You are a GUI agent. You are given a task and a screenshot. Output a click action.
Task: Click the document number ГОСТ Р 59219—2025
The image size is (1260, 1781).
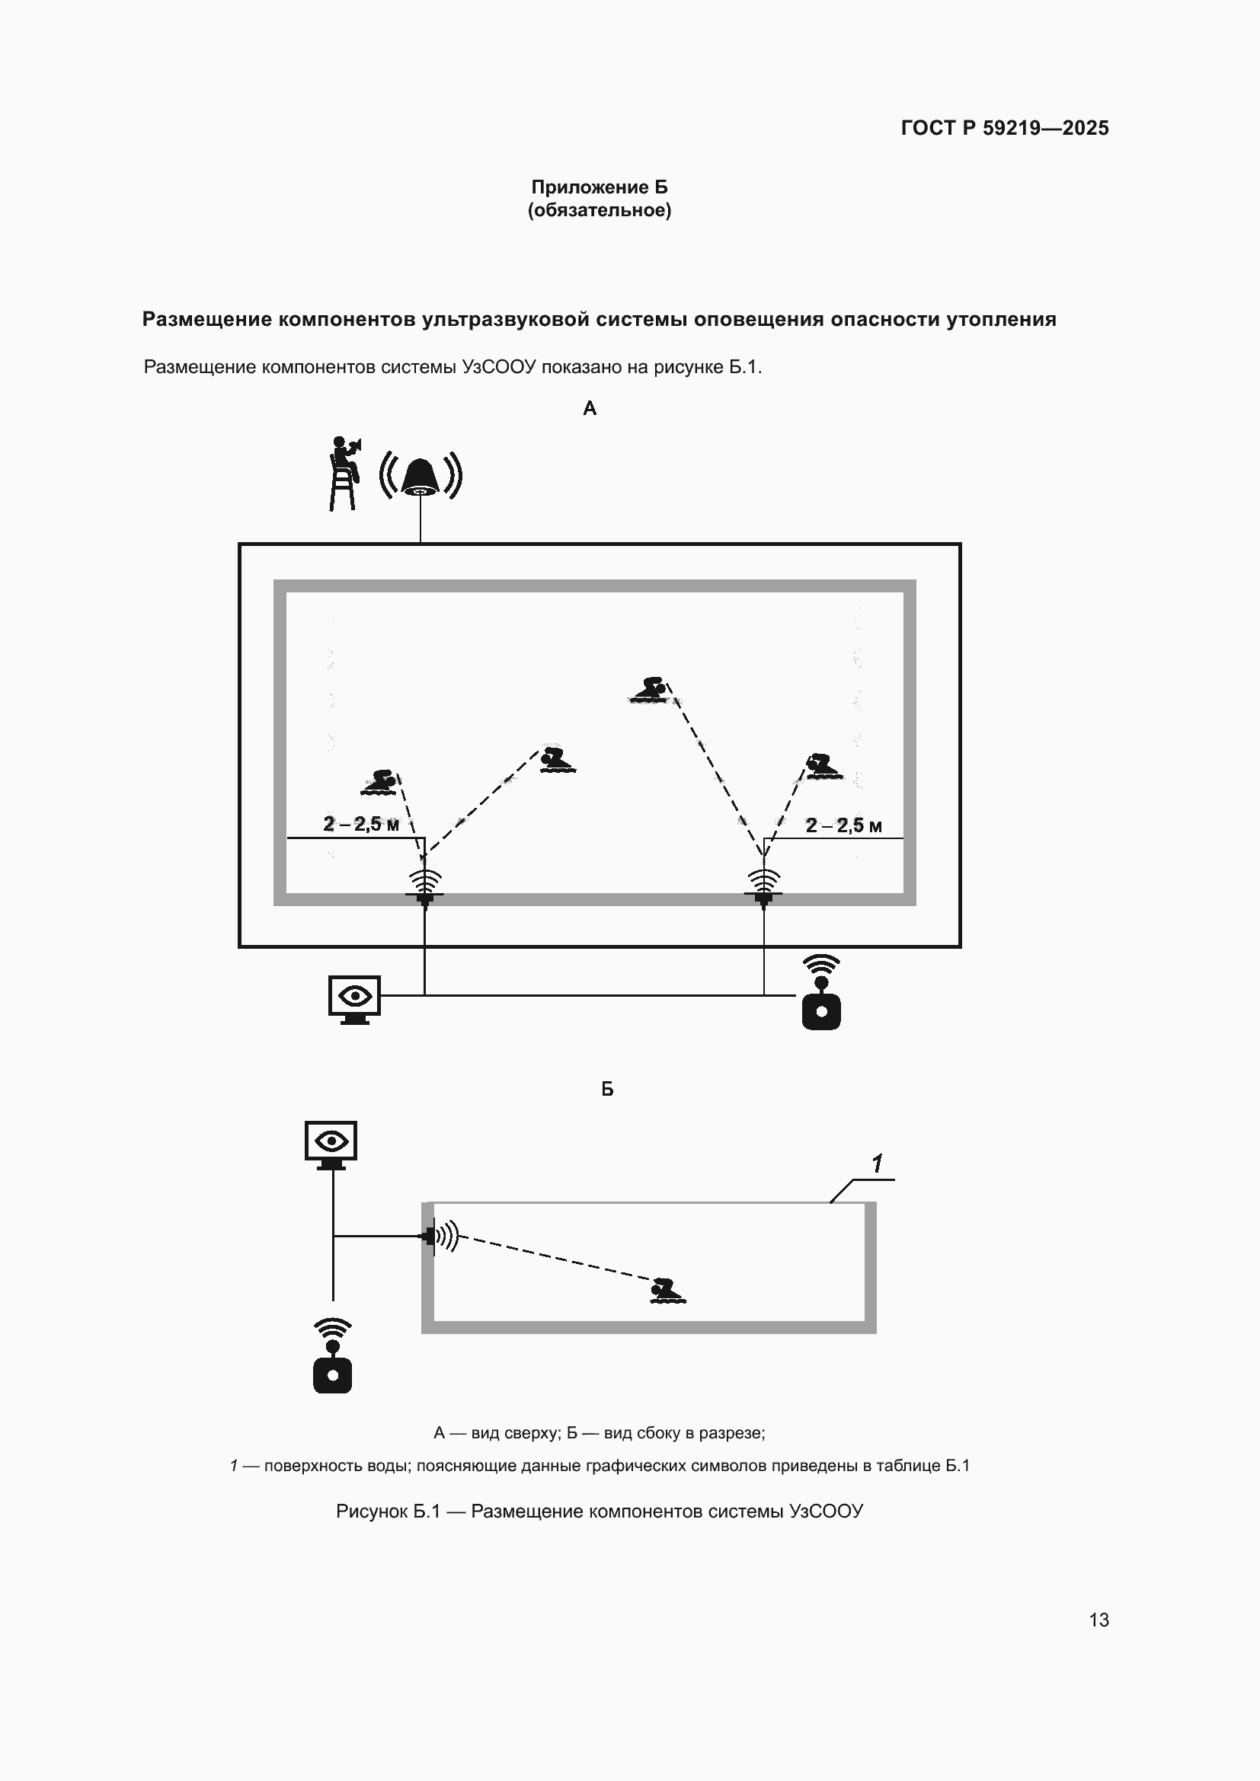click(x=1005, y=128)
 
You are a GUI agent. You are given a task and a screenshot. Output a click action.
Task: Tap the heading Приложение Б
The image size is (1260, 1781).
click(x=599, y=187)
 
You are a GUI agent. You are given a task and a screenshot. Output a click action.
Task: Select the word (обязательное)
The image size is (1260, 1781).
click(x=599, y=210)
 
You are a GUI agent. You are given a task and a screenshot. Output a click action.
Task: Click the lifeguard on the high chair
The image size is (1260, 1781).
click(x=344, y=473)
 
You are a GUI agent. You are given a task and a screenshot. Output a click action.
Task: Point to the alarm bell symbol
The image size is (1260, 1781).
click(x=421, y=475)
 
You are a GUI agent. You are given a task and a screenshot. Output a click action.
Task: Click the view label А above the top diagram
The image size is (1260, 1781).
click(x=590, y=408)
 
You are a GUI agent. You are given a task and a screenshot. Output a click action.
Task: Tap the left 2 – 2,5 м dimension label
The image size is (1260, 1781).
click(x=361, y=824)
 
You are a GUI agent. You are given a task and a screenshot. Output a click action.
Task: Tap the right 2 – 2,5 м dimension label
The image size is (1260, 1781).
click(x=843, y=825)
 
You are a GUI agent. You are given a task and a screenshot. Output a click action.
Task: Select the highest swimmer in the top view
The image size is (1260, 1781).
click(x=650, y=690)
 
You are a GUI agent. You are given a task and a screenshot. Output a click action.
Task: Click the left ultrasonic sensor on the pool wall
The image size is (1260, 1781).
click(x=424, y=887)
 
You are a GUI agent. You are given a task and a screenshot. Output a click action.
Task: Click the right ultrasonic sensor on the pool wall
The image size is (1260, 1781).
click(x=763, y=887)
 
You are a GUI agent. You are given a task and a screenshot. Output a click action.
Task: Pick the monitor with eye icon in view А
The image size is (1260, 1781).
click(x=354, y=1000)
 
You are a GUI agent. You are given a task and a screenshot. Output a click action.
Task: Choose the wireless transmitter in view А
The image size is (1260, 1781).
click(x=821, y=992)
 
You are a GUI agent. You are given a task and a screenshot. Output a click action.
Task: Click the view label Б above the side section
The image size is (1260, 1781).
click(x=607, y=1089)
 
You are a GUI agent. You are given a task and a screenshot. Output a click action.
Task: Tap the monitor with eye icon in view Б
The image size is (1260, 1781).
click(x=331, y=1145)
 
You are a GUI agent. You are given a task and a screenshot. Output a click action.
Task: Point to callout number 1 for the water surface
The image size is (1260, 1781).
click(x=877, y=1163)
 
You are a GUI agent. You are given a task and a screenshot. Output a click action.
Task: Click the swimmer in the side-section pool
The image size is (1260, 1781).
click(x=667, y=1290)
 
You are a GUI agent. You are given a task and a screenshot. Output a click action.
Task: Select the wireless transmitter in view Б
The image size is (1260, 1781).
click(x=332, y=1355)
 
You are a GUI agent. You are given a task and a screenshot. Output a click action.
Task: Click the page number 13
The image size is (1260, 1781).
click(x=1099, y=1620)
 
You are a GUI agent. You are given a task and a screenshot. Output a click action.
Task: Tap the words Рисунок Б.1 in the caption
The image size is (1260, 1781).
click(x=388, y=1511)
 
